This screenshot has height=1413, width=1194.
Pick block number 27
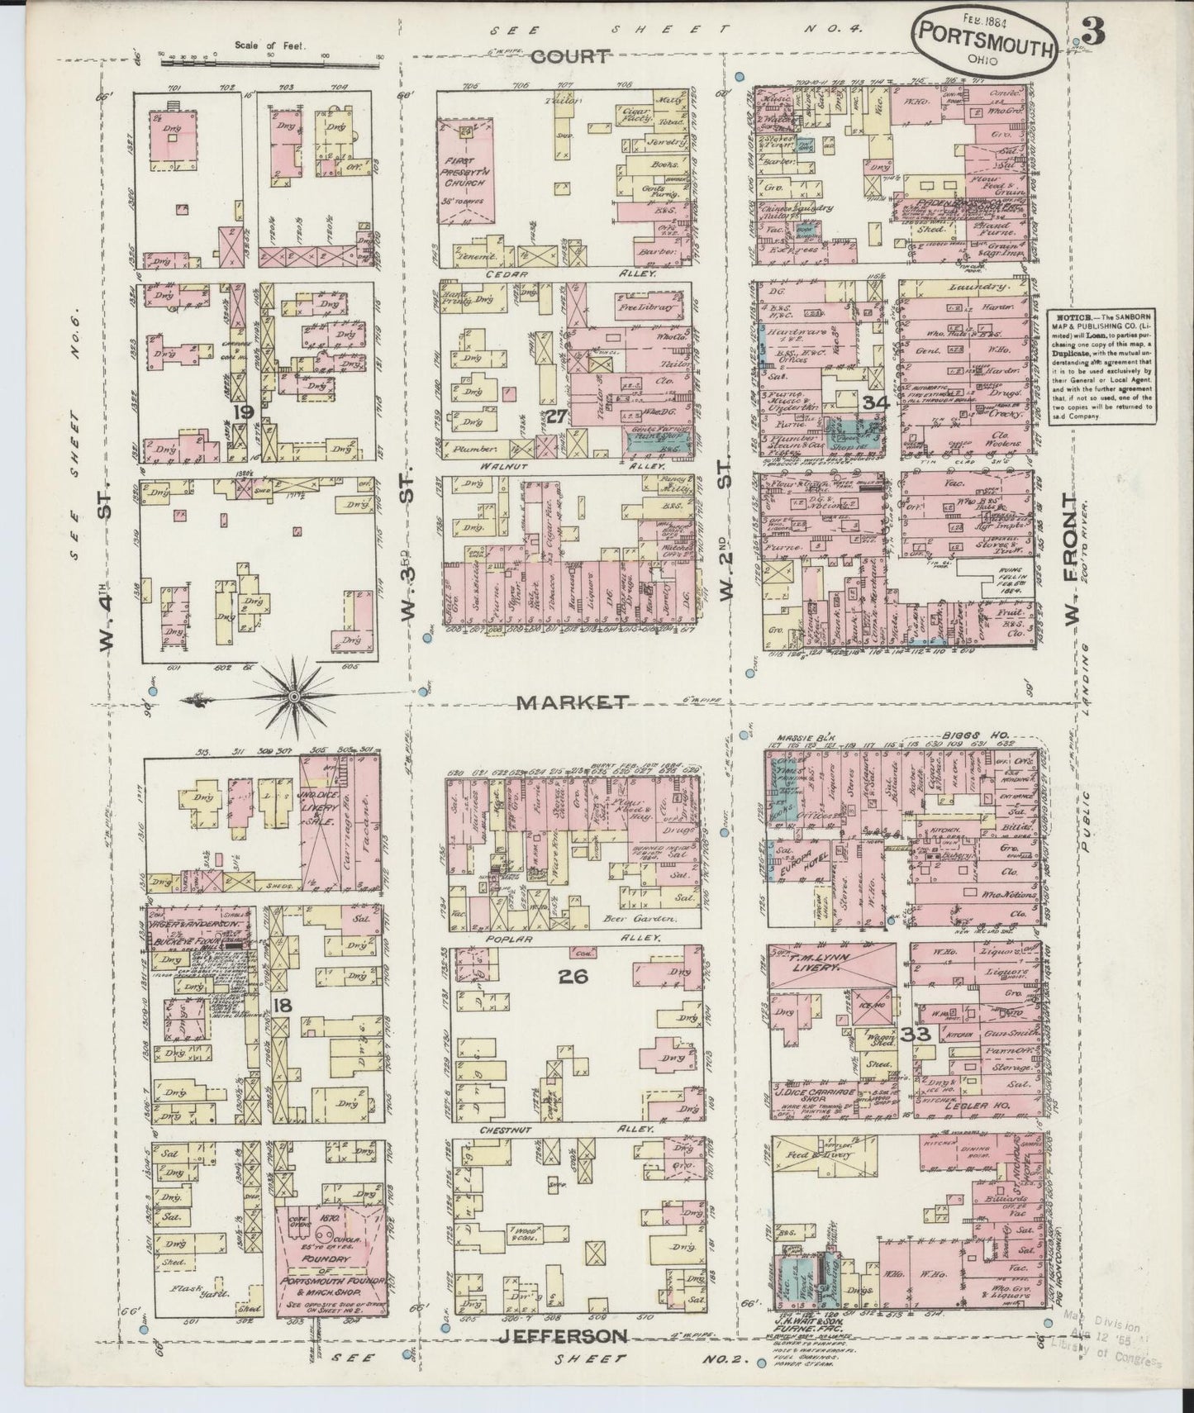point(556,416)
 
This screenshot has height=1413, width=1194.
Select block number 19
point(242,410)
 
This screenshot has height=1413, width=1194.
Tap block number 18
point(283,1005)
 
